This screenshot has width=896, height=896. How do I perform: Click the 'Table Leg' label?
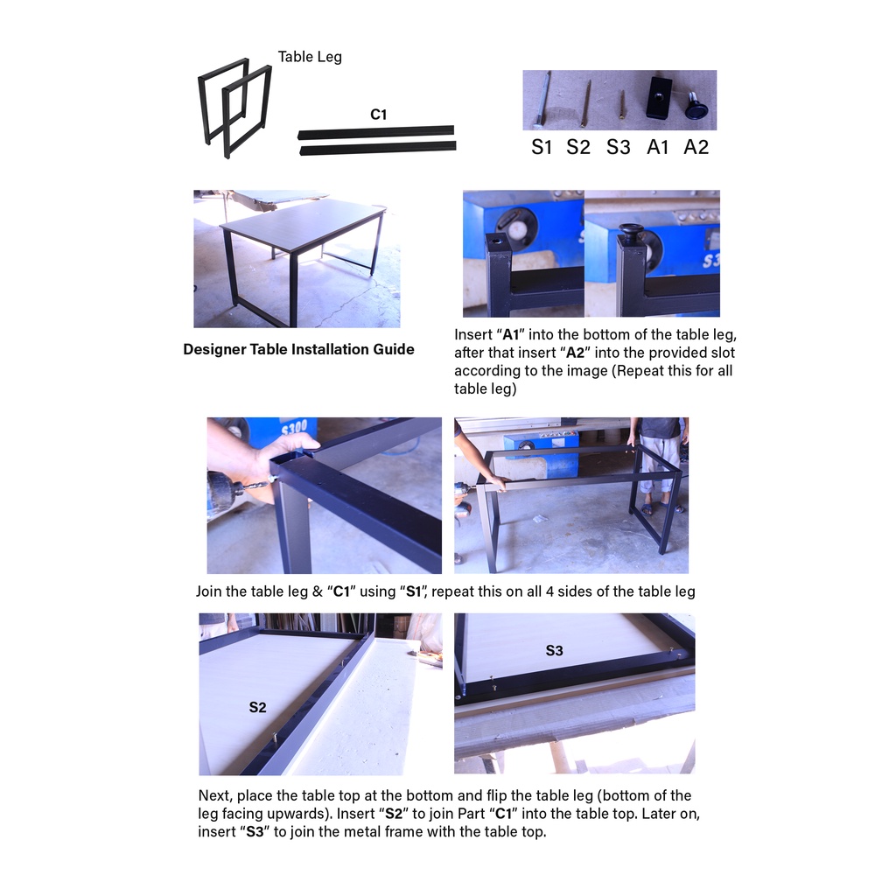(x=310, y=57)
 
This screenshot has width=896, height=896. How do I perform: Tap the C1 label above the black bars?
(x=378, y=115)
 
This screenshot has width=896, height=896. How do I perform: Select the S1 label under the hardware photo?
(x=541, y=147)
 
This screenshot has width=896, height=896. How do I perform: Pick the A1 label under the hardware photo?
(x=657, y=147)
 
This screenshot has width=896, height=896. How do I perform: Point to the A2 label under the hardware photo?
(x=696, y=147)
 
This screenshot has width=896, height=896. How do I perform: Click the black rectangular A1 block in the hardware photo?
(x=659, y=98)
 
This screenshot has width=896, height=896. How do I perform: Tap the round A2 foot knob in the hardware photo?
(x=696, y=107)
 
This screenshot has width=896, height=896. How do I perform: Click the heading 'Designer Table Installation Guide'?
(x=298, y=349)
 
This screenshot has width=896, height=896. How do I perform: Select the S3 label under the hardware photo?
(x=618, y=147)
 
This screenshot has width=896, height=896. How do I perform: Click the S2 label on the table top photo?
(x=258, y=707)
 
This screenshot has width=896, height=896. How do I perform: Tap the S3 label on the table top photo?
(x=554, y=650)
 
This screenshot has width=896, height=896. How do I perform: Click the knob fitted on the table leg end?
(x=632, y=234)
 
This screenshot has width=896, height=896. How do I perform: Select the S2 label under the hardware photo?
(x=577, y=147)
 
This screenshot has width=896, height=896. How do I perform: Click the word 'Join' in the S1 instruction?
(x=207, y=591)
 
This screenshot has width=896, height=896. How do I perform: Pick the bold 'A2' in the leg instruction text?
(x=575, y=353)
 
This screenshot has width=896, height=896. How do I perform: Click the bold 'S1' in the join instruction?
(x=413, y=591)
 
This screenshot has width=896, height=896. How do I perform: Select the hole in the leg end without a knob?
(x=496, y=241)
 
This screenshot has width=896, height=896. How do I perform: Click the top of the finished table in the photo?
(x=303, y=223)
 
